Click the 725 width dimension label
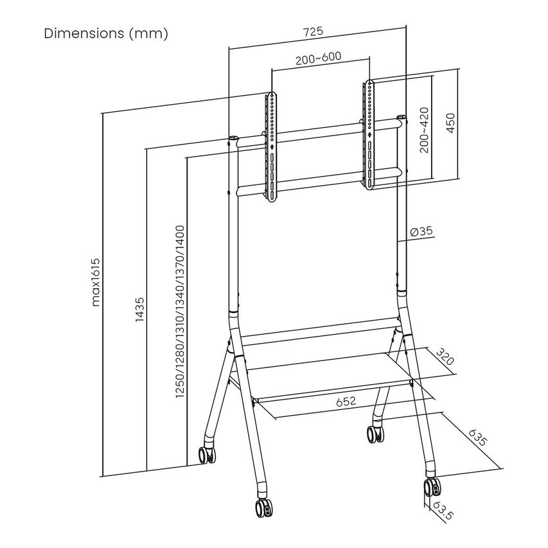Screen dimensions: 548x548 coord(313,32)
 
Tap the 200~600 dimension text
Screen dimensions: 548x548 coord(319,58)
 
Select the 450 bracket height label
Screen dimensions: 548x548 coord(451,123)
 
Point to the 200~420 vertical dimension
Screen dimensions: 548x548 coord(424,130)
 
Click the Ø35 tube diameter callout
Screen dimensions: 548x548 coord(421,231)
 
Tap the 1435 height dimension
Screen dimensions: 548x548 coord(139,309)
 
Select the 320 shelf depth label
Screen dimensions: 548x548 coord(445,357)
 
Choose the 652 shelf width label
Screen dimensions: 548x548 coord(346,402)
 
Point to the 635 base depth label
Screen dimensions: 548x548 coord(477,438)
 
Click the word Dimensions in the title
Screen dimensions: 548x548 coord(84,33)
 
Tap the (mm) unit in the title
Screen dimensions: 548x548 coord(148,34)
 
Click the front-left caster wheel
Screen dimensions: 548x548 coord(263,507)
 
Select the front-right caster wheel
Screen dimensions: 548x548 coord(432,487)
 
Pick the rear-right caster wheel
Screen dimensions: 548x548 coord(376,434)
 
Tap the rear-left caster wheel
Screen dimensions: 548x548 coord(208,455)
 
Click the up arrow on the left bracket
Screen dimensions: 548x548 coord(272,146)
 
